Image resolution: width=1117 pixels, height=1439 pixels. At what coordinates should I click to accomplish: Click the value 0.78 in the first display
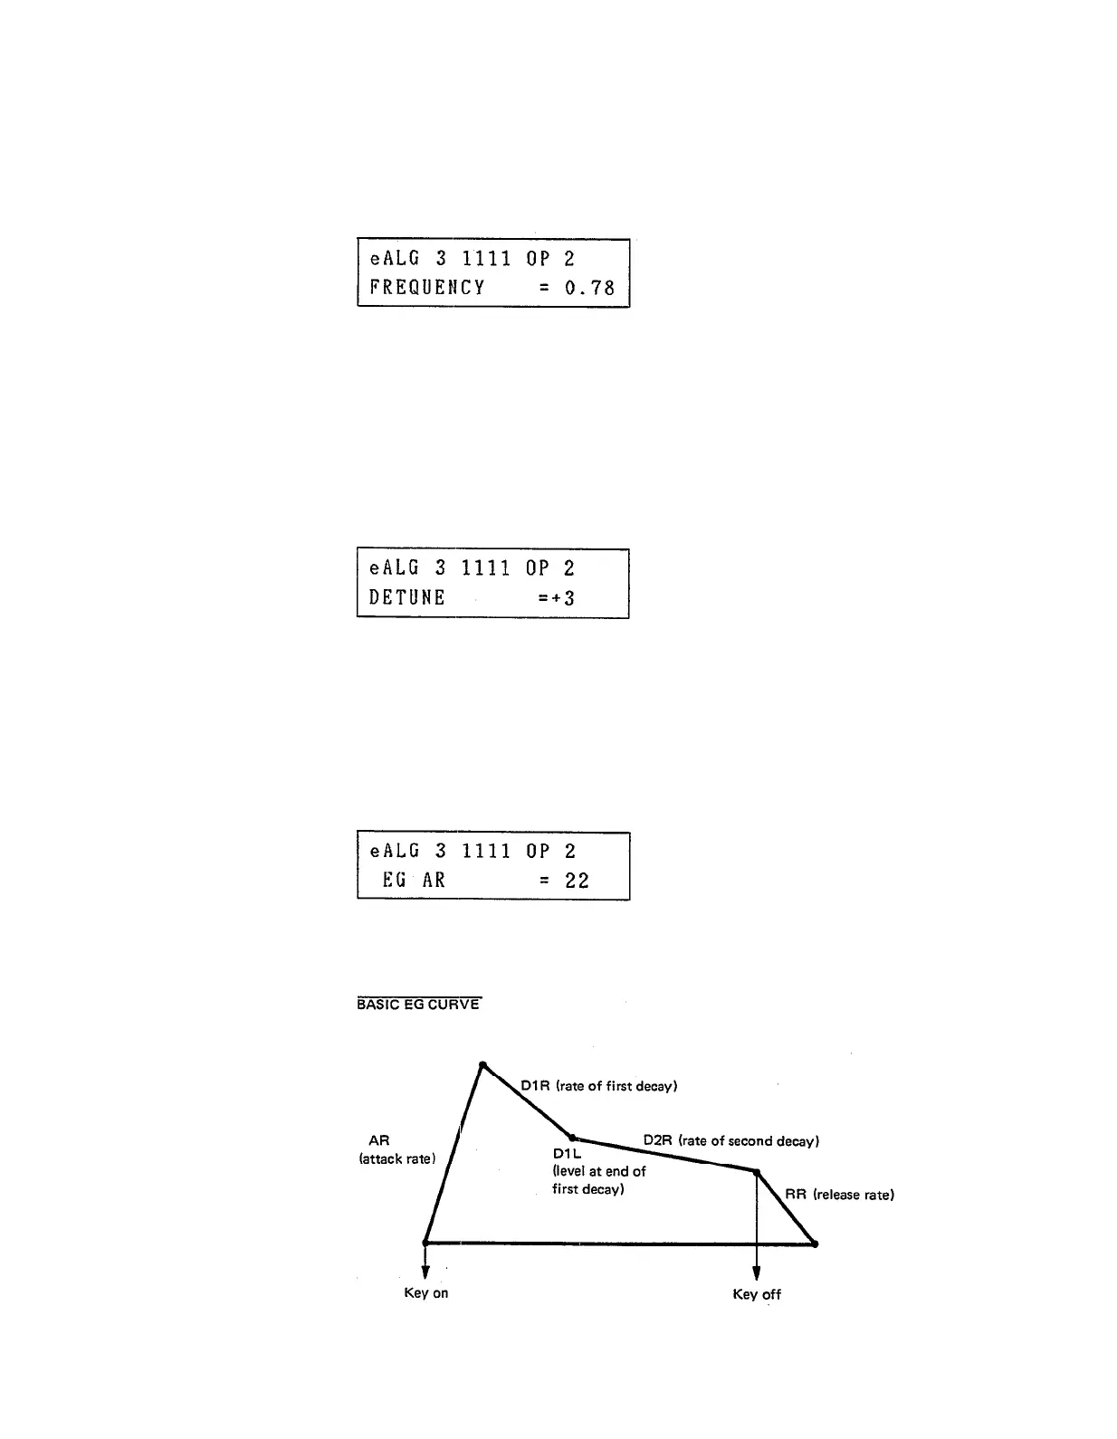coord(589,288)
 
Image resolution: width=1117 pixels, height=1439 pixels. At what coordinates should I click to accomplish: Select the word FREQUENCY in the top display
coord(427,288)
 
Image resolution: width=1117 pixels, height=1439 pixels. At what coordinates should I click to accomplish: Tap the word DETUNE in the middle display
coord(407,597)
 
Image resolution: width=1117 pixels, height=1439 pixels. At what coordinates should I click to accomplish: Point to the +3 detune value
coord(563,597)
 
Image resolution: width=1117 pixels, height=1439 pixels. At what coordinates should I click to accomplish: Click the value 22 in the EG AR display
coord(577,881)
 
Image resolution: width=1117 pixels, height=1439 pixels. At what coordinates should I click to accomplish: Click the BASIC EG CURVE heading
coord(418,1005)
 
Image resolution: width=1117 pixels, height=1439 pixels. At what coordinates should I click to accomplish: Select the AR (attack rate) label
coord(396,1150)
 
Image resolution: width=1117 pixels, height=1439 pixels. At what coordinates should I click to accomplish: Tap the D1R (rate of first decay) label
coord(598,1086)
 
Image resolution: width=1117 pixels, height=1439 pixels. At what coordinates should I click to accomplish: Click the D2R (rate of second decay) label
coord(730,1140)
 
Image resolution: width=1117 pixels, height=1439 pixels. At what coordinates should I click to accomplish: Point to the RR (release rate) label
coord(839,1195)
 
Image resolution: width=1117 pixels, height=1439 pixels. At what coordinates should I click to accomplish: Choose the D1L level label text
coord(598,1171)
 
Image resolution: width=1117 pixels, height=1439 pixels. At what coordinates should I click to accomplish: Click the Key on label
coord(425,1293)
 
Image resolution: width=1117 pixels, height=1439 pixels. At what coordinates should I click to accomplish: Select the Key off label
coord(757,1294)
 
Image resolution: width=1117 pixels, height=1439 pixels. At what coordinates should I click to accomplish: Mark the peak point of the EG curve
coord(482,1065)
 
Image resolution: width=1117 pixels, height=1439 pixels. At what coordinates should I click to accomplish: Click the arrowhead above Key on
coord(425,1272)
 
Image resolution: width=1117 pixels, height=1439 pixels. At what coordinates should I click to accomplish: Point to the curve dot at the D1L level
coord(572,1138)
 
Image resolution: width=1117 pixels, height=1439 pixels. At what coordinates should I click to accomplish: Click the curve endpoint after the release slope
coord(815,1244)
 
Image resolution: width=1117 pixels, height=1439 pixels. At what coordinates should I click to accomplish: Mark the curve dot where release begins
coord(756,1172)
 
